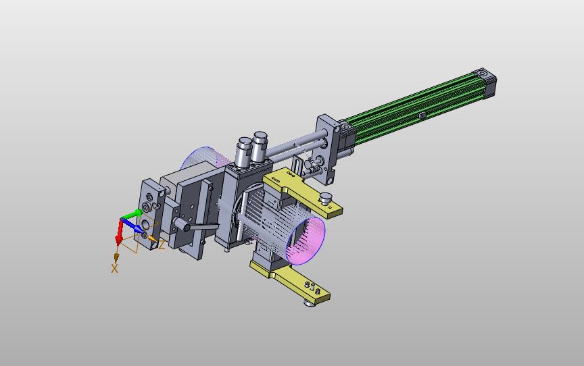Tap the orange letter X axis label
coord(114,268)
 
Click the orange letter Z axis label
coord(162,245)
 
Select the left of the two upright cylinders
coord(244,152)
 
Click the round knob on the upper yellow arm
coord(326,198)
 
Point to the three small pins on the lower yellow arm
coord(312,288)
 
